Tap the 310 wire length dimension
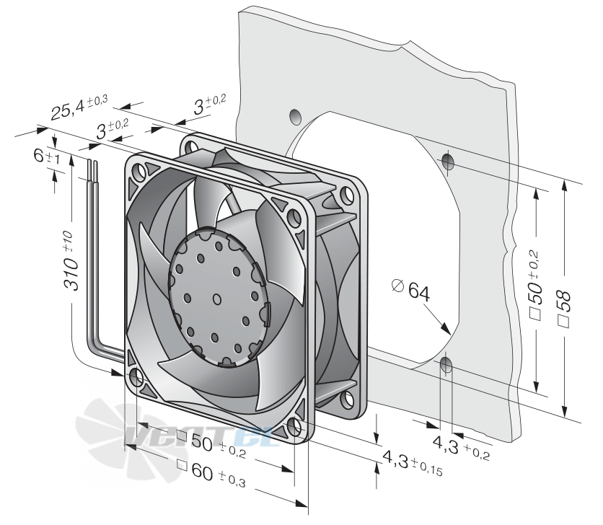[x=71, y=260]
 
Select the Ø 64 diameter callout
[x=410, y=291]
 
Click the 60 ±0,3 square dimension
[x=211, y=473]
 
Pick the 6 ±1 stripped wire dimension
[x=47, y=156]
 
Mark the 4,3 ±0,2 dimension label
[x=461, y=448]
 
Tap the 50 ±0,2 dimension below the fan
[x=211, y=444]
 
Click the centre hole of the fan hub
[x=217, y=299]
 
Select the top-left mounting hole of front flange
[x=138, y=169]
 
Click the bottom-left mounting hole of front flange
[x=136, y=377]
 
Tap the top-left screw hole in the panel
[x=295, y=117]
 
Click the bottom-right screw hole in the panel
[x=446, y=365]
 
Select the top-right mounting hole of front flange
[x=294, y=218]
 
